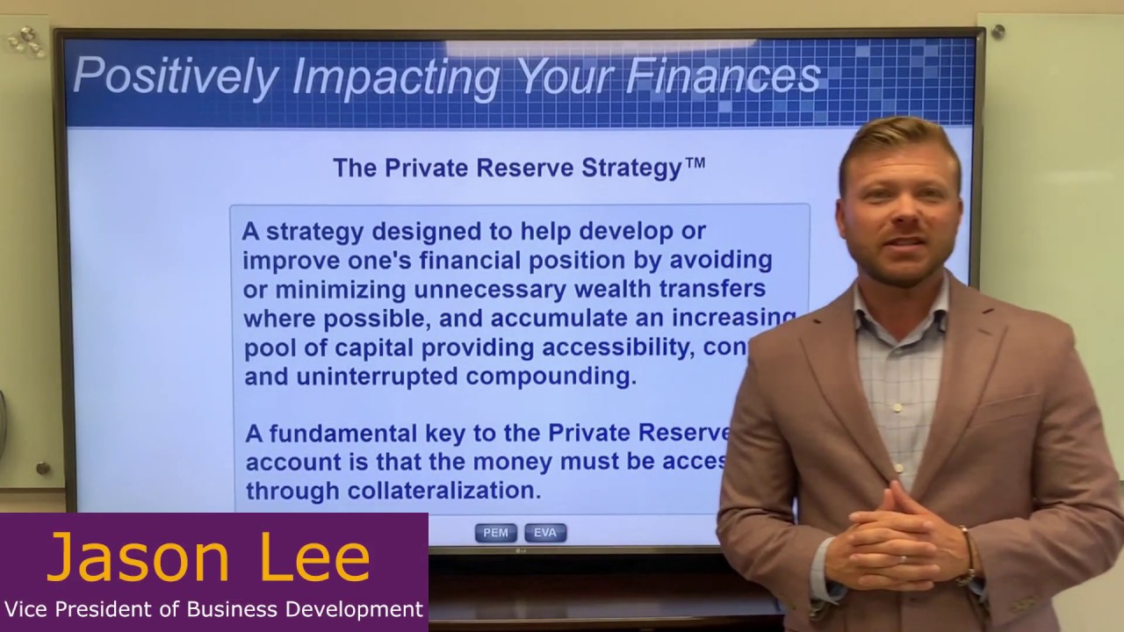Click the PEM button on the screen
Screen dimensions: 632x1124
click(x=495, y=533)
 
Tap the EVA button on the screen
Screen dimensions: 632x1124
click(x=545, y=533)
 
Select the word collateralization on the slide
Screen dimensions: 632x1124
click(x=444, y=490)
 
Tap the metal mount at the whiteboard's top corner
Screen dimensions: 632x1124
click(x=998, y=32)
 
